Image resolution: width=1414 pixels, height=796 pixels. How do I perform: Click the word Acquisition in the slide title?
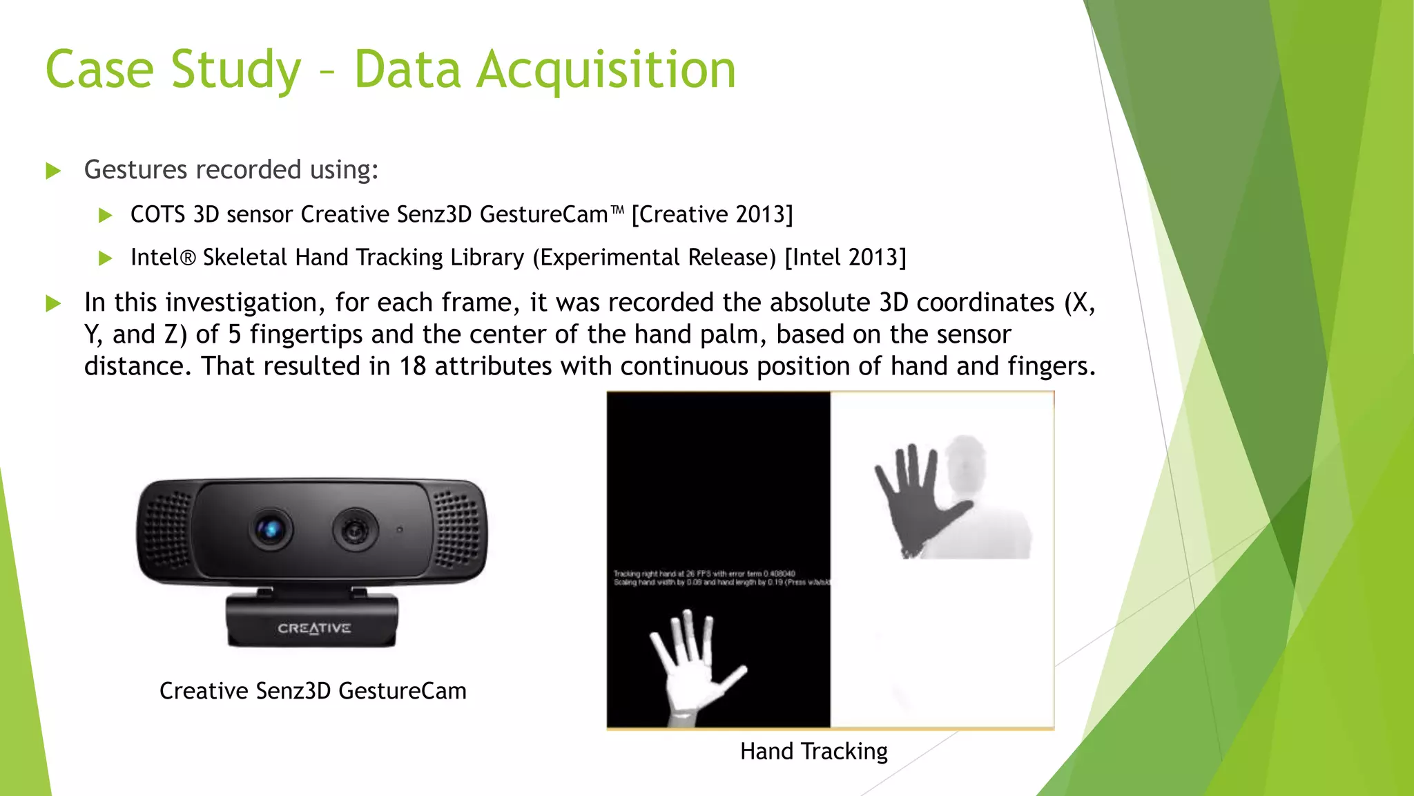pyautogui.click(x=607, y=70)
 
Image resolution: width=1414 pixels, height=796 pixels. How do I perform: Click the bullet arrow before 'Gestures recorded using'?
pyautogui.click(x=53, y=171)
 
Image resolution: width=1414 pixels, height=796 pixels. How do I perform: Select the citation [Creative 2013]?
pyautogui.click(x=712, y=215)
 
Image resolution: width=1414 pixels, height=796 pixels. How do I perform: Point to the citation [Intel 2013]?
pyautogui.click(x=845, y=258)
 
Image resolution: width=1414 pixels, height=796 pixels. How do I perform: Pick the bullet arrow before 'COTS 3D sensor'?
pyautogui.click(x=106, y=216)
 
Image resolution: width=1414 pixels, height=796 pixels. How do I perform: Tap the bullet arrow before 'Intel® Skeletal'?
pyautogui.click(x=106, y=258)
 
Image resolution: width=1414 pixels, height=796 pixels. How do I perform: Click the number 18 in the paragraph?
pyautogui.click(x=412, y=366)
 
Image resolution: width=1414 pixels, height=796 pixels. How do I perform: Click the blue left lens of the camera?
pyautogui.click(x=270, y=529)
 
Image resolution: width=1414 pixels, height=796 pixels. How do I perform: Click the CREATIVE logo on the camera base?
pyautogui.click(x=314, y=628)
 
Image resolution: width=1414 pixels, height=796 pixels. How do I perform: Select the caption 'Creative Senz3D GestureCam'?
pyautogui.click(x=313, y=691)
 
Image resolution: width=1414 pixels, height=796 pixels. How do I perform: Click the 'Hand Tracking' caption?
pyautogui.click(x=813, y=751)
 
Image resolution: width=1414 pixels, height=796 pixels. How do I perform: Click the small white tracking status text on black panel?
pyautogui.click(x=718, y=578)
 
